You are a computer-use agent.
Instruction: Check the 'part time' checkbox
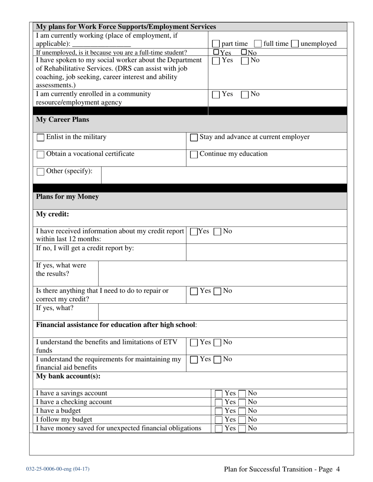pyautogui.click(x=216, y=44)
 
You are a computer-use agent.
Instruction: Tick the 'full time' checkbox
pyautogui.click(x=258, y=44)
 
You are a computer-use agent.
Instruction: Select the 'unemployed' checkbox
pyautogui.click(x=294, y=44)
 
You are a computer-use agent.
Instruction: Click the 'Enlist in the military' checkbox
pyautogui.click(x=40, y=138)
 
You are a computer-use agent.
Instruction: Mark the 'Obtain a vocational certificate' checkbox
pyautogui.click(x=40, y=154)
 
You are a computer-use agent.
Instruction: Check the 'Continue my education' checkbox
pyautogui.click(x=194, y=154)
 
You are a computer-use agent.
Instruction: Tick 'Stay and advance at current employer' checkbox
pyautogui.click(x=194, y=138)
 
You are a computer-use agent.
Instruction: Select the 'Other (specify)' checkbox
pyautogui.click(x=40, y=172)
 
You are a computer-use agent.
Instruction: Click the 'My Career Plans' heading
pyautogui.click(x=62, y=120)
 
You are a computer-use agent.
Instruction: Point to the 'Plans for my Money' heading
pyautogui.click(x=68, y=197)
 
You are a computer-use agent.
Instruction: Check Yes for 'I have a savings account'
pyautogui.click(x=219, y=393)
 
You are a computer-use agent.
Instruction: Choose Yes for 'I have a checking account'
pyautogui.click(x=219, y=402)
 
